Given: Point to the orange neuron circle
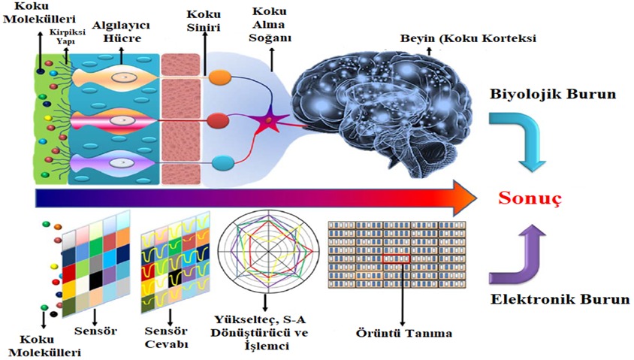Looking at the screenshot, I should [219, 77].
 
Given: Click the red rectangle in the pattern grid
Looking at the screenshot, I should [396, 259].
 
